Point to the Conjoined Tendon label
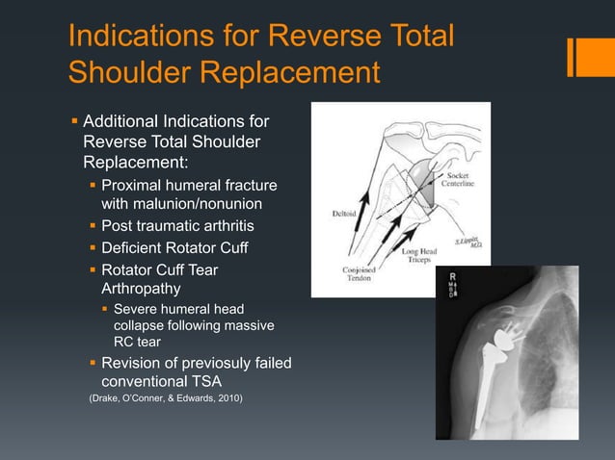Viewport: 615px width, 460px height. pyautogui.click(x=358, y=275)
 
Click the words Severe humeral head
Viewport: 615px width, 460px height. pyautogui.click(x=178, y=309)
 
